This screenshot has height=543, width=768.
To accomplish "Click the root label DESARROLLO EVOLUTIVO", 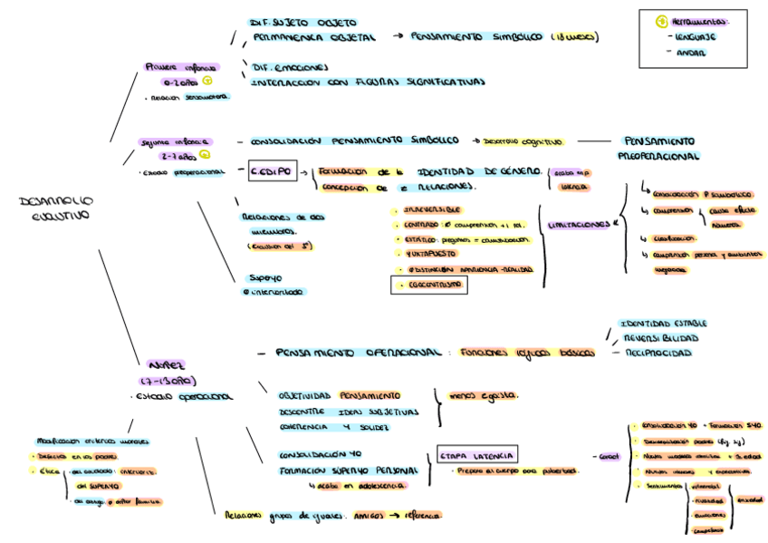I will (55, 208).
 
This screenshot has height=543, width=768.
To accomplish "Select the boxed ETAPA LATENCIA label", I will (477, 454).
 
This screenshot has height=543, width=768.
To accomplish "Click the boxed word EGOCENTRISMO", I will (429, 285).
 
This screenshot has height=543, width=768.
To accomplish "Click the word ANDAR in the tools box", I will (691, 53).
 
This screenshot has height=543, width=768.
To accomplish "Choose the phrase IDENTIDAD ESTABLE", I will (662, 323).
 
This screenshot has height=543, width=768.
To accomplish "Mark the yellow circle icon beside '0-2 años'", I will (206, 81).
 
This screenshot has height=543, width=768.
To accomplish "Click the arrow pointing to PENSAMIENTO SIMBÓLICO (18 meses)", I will (398, 37).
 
